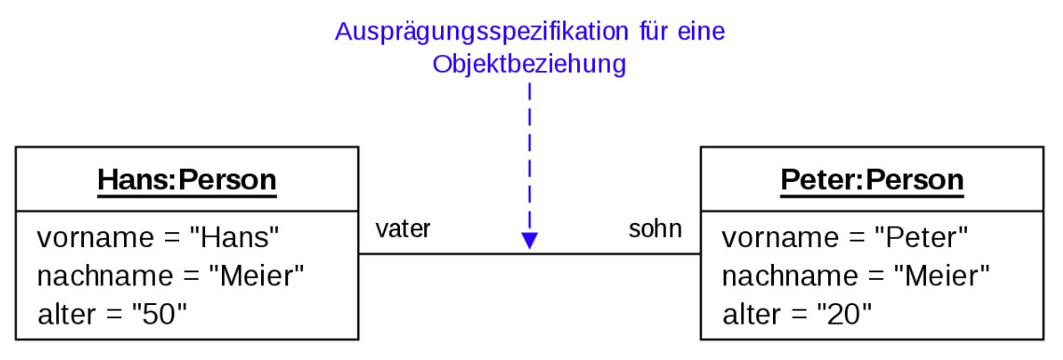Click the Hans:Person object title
coord(186,179)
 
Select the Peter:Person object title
coord(871,179)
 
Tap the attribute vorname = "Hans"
coord(159,238)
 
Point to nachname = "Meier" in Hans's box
coord(172,276)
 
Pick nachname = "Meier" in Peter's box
coord(856,276)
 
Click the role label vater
coord(403,229)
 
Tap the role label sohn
coord(655,229)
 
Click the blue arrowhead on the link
coord(530,242)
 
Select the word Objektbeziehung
coord(529,65)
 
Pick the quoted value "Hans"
coord(234,238)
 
